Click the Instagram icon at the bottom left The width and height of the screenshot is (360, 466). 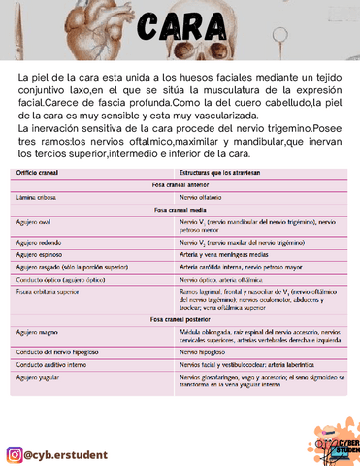point(15,428)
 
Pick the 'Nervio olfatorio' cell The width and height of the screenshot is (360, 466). point(206,196)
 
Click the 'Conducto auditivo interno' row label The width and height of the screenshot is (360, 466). point(54,363)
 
